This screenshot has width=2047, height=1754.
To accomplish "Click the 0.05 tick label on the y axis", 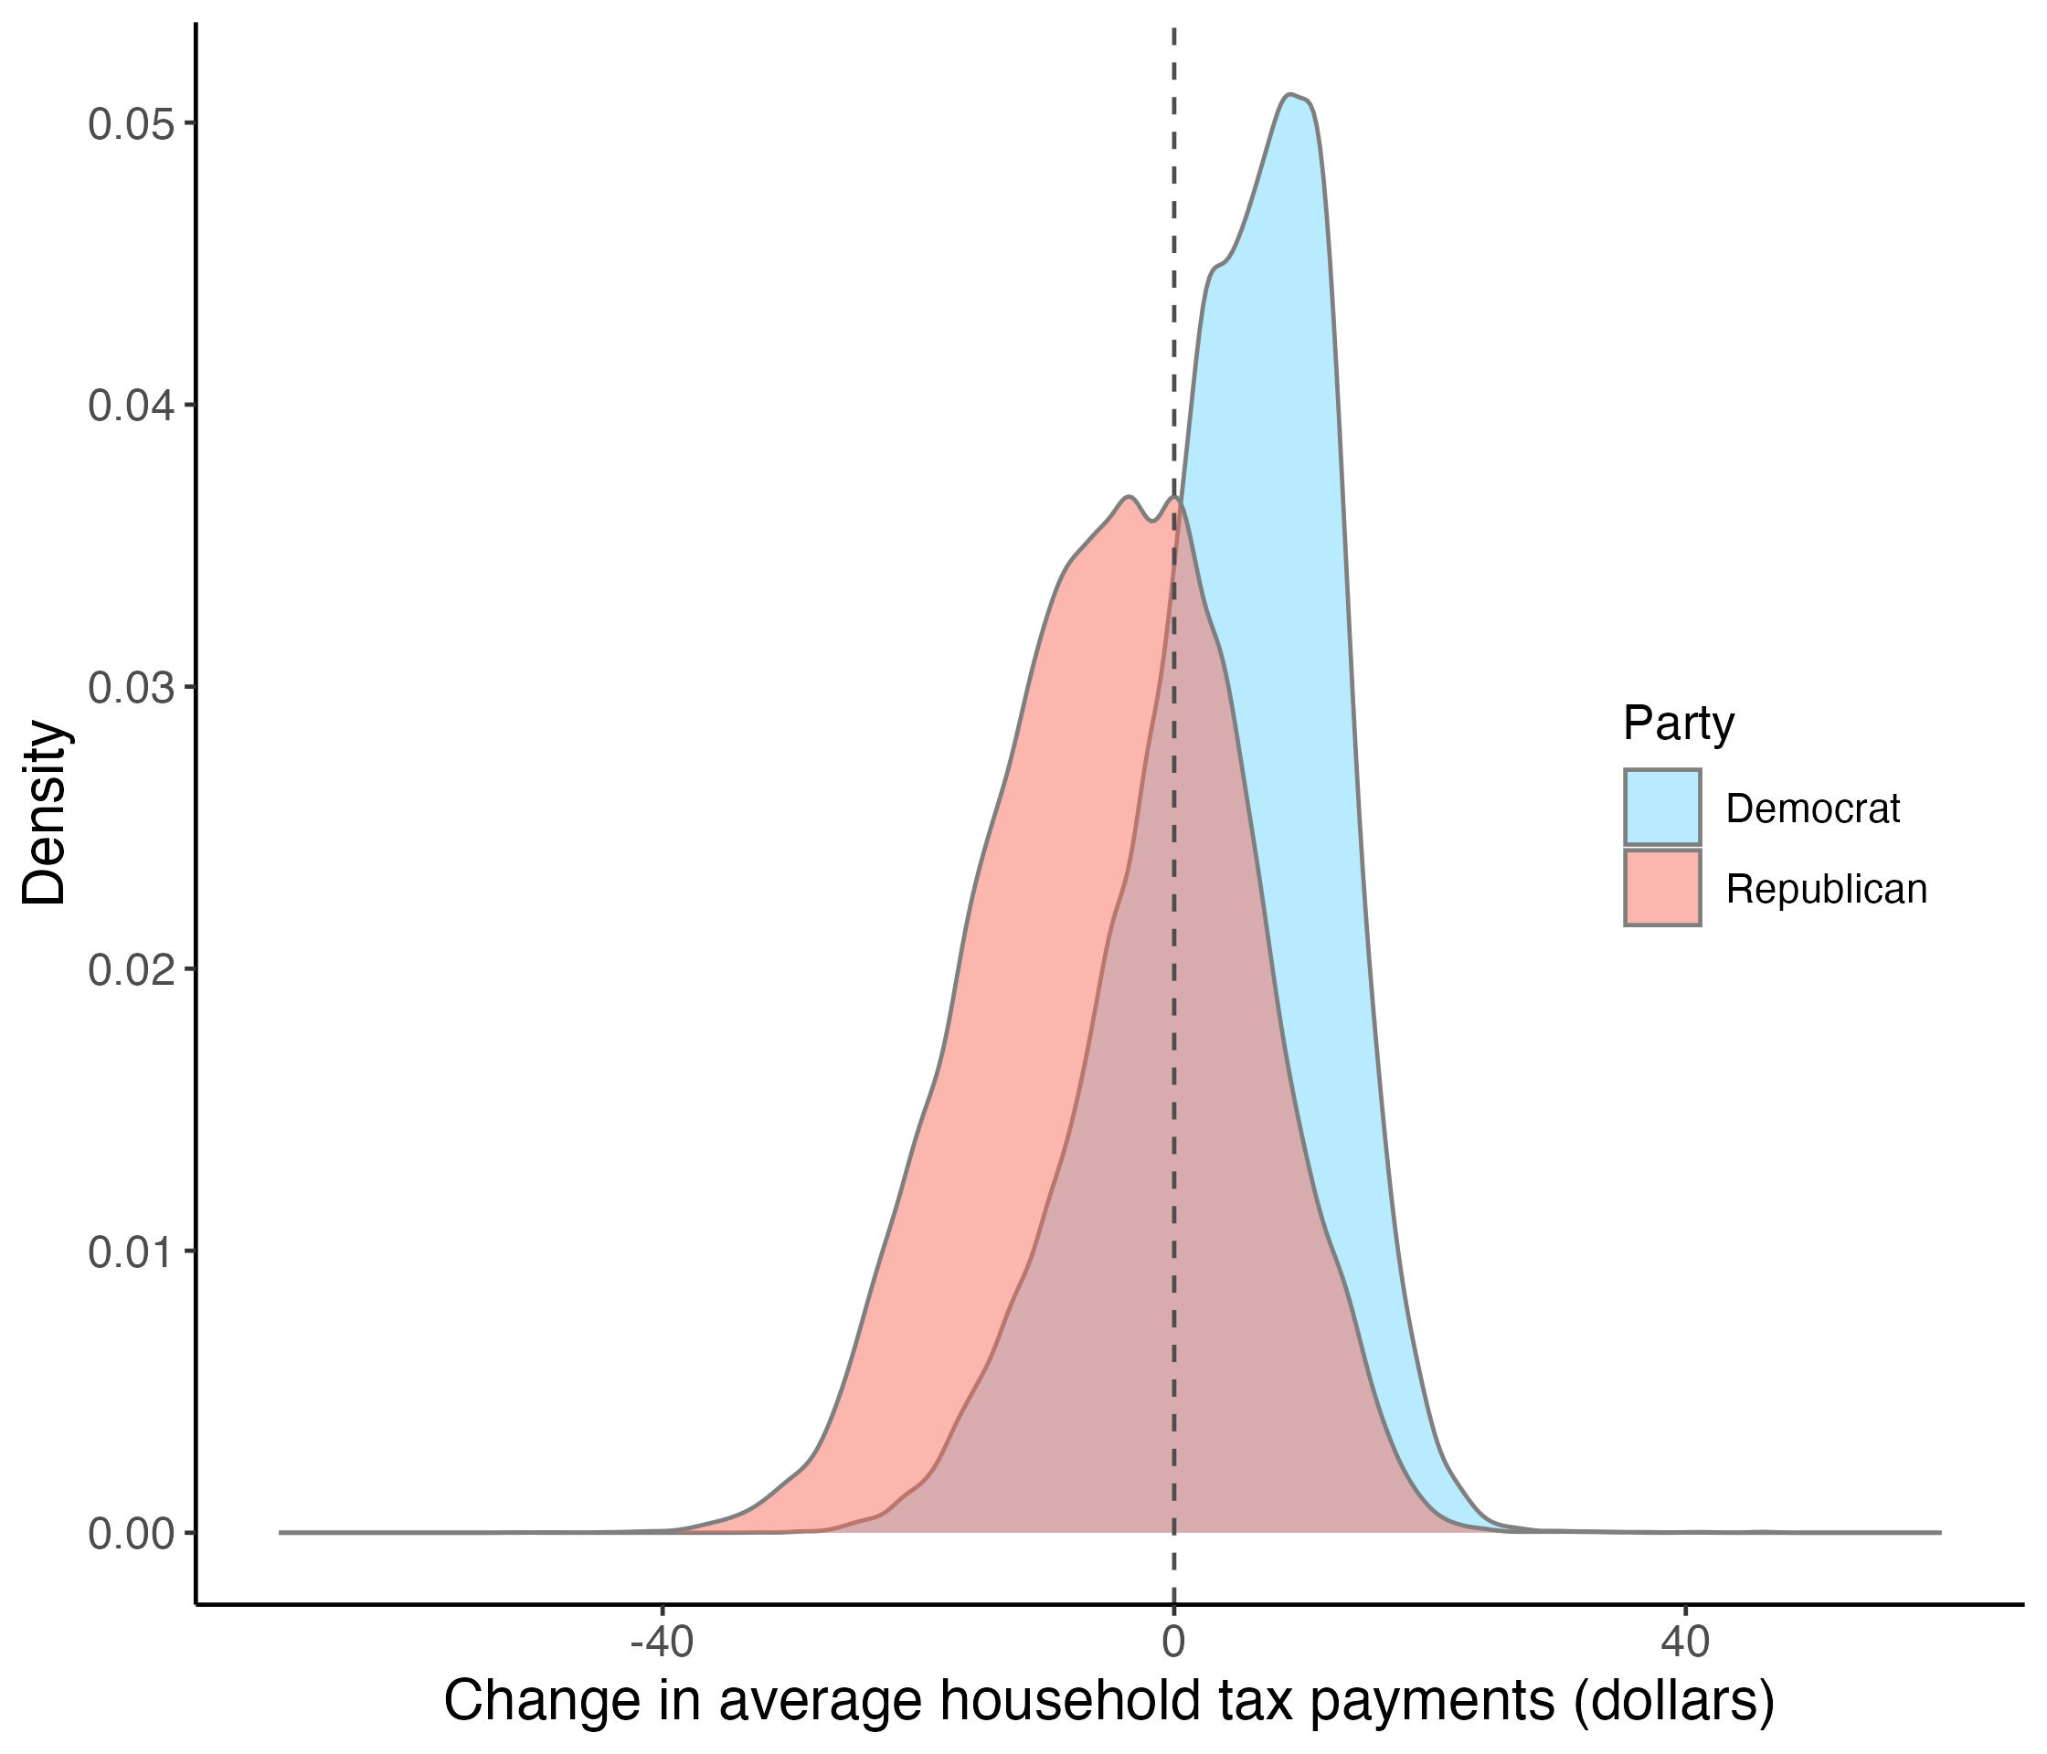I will pyautogui.click(x=129, y=124).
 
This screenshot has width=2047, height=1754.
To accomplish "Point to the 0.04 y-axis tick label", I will pyautogui.click(x=129, y=406).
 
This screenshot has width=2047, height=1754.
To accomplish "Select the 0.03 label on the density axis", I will pyautogui.click(x=129, y=689).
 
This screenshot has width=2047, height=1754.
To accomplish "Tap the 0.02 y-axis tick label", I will pyautogui.click(x=129, y=970).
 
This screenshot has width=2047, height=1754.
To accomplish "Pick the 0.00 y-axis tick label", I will pyautogui.click(x=129, y=1534).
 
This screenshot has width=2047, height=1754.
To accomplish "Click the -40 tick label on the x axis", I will pyautogui.click(x=662, y=1643).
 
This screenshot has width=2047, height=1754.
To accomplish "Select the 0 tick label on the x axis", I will pyautogui.click(x=1173, y=1643).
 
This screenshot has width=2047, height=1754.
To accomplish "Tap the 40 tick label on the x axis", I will pyautogui.click(x=1685, y=1643).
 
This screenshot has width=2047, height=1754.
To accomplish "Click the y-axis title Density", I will pyautogui.click(x=46, y=813).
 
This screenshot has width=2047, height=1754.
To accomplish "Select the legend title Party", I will pyautogui.click(x=1679, y=724).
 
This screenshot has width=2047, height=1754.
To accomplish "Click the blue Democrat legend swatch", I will pyautogui.click(x=1662, y=808).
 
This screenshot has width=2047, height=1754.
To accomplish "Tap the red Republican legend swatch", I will pyautogui.click(x=1662, y=888).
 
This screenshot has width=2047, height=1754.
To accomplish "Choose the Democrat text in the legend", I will pyautogui.click(x=1813, y=808).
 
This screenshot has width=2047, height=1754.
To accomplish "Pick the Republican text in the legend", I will pyautogui.click(x=1827, y=890).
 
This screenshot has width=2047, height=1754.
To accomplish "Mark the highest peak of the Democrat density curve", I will pyautogui.click(x=1290, y=95).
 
